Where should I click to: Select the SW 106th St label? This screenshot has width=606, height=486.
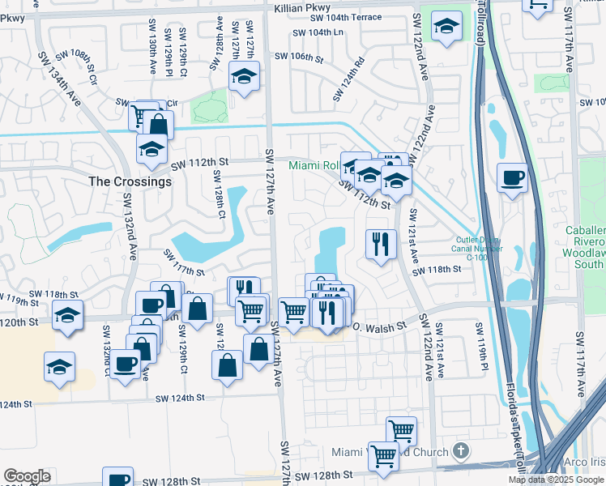299,58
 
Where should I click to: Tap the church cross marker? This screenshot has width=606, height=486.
460,450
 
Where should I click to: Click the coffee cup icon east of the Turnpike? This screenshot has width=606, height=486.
512,177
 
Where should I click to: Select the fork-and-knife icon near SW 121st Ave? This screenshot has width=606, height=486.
379,243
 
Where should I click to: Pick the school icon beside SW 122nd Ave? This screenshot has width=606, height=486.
444,26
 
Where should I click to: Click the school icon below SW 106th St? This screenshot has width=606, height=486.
243,77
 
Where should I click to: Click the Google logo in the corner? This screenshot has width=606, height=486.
27,476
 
